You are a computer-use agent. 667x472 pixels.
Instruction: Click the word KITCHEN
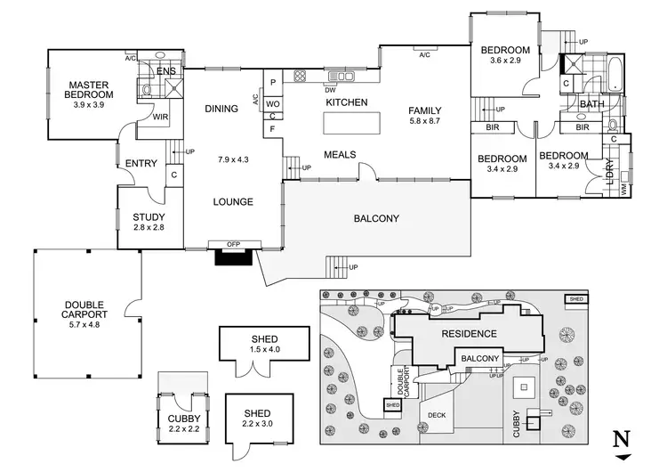pos(346,103)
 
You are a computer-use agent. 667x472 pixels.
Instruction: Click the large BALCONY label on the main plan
pos(377,218)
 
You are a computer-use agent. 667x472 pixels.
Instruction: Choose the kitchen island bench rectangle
pos(344,123)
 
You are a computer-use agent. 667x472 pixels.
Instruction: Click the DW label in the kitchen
pos(330,89)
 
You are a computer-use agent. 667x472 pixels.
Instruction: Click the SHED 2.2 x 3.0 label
pos(257,419)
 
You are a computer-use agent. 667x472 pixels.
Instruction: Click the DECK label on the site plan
pos(436,414)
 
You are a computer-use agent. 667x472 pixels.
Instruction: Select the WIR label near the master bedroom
pos(161,116)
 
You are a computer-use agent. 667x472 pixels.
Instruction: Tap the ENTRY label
pos(141,163)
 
